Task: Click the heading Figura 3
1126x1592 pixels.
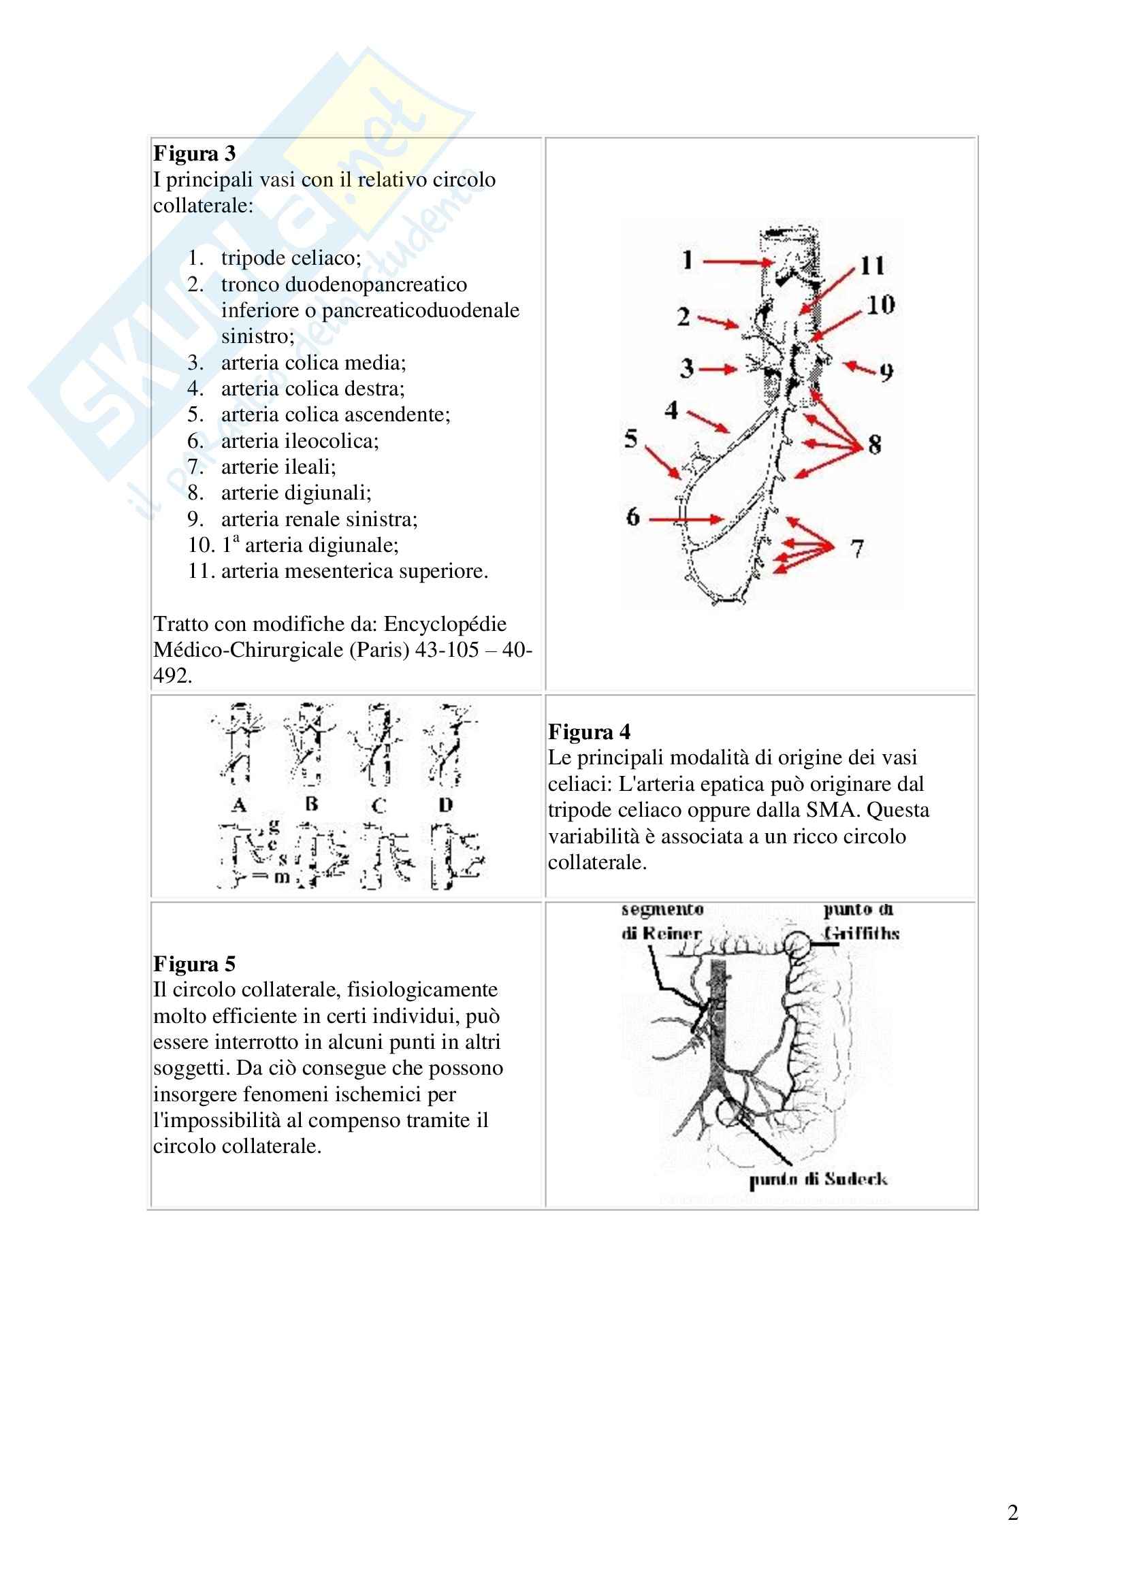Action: click(194, 153)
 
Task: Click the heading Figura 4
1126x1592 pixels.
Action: click(589, 732)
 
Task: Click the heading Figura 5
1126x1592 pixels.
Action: click(194, 964)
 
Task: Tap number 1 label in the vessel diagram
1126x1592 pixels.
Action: click(687, 261)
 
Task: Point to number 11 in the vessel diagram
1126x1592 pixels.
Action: click(872, 265)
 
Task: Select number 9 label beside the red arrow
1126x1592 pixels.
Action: click(886, 373)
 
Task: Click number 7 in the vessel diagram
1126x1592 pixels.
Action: click(858, 549)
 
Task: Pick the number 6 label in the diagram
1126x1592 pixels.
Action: click(632, 517)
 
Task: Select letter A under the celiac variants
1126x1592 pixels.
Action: click(239, 805)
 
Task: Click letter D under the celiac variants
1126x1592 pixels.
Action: click(446, 805)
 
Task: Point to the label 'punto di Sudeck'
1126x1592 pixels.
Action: click(818, 1180)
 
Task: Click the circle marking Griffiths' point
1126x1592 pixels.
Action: click(797, 945)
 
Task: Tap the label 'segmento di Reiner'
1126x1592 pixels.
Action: click(662, 922)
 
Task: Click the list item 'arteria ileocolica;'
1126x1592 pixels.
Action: click(300, 441)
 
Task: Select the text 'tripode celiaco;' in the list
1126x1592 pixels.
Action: click(291, 258)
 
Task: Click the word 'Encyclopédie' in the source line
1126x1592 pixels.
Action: click(445, 624)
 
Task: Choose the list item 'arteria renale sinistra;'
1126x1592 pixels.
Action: click(319, 519)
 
